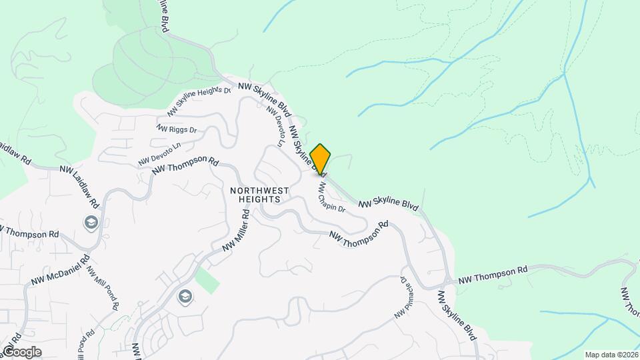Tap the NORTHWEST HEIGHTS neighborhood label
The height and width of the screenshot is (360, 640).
point(259,195)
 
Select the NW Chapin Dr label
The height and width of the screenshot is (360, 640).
point(331,197)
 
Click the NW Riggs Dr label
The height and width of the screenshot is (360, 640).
point(177,129)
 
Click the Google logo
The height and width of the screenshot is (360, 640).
point(22,351)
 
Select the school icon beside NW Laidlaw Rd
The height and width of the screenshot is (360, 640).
point(91,223)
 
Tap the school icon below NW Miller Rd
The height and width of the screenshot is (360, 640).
point(185,297)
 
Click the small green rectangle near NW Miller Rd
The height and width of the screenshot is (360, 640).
point(207,281)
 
